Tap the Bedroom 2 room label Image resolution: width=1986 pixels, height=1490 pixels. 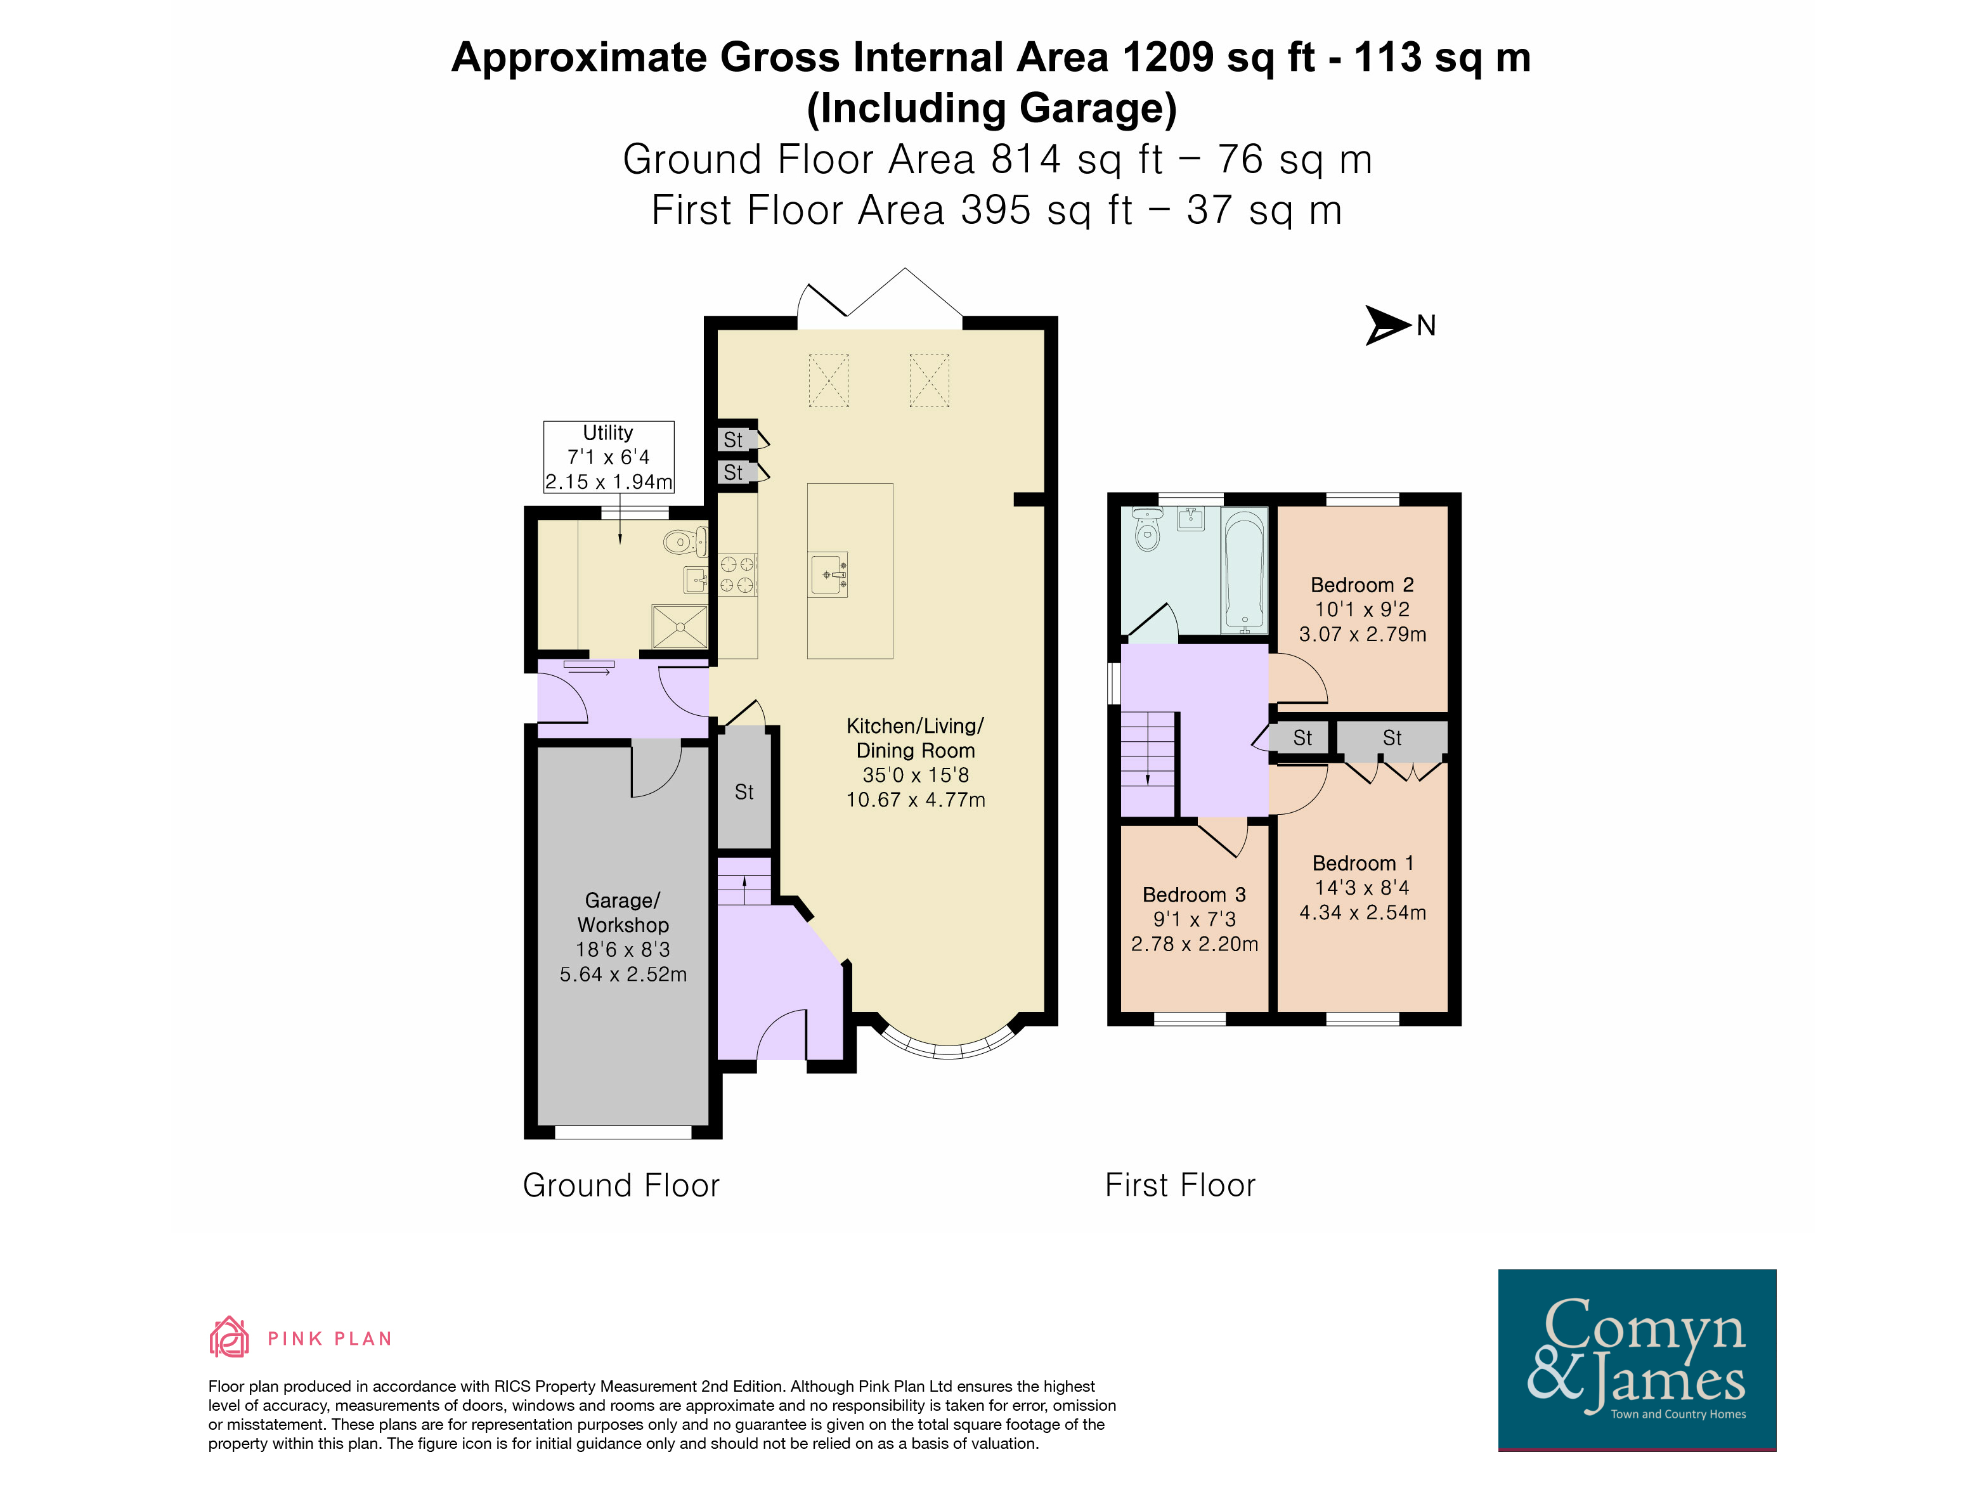(x=1362, y=585)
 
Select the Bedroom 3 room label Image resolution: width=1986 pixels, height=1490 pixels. (x=1194, y=895)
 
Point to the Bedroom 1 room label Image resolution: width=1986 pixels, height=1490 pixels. (x=1363, y=864)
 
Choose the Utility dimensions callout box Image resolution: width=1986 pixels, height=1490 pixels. (x=609, y=457)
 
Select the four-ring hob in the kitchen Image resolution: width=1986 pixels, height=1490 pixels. (x=737, y=574)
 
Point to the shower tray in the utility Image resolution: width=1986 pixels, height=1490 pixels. (x=680, y=626)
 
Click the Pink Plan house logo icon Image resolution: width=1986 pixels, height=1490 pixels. (x=229, y=1337)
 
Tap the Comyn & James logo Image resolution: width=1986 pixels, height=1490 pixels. (x=1637, y=1360)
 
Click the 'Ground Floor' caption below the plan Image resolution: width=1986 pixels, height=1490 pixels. (x=621, y=1186)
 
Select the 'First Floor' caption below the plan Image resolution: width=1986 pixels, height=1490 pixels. (x=1180, y=1185)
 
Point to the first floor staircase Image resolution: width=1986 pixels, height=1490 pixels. (x=1148, y=763)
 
